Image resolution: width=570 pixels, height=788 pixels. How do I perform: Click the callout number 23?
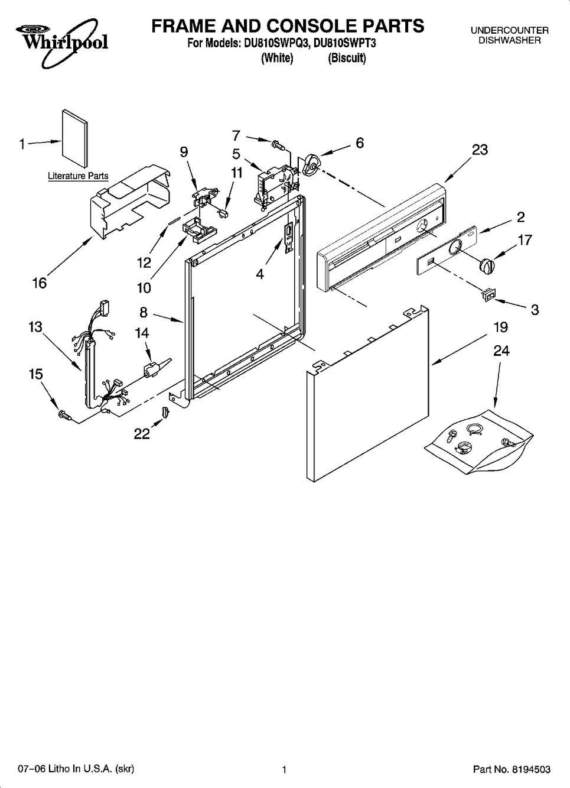click(480, 150)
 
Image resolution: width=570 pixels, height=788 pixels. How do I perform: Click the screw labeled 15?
click(66, 416)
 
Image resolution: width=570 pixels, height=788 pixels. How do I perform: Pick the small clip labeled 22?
click(165, 411)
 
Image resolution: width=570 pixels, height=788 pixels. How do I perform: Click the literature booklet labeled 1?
click(75, 138)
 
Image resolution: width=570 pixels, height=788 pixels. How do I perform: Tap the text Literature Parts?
click(78, 176)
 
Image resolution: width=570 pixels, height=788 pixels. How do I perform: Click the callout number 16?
click(40, 283)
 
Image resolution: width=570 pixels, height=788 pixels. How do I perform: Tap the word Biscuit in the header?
click(347, 58)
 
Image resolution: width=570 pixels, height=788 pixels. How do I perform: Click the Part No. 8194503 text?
click(512, 769)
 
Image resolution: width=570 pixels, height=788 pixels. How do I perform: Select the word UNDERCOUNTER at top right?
click(510, 31)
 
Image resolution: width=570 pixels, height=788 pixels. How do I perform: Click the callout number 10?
click(144, 288)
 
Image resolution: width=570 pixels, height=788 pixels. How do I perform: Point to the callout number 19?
click(501, 327)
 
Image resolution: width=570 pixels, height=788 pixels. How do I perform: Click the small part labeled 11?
click(223, 213)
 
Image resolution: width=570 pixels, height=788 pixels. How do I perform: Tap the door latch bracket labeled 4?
click(288, 238)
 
